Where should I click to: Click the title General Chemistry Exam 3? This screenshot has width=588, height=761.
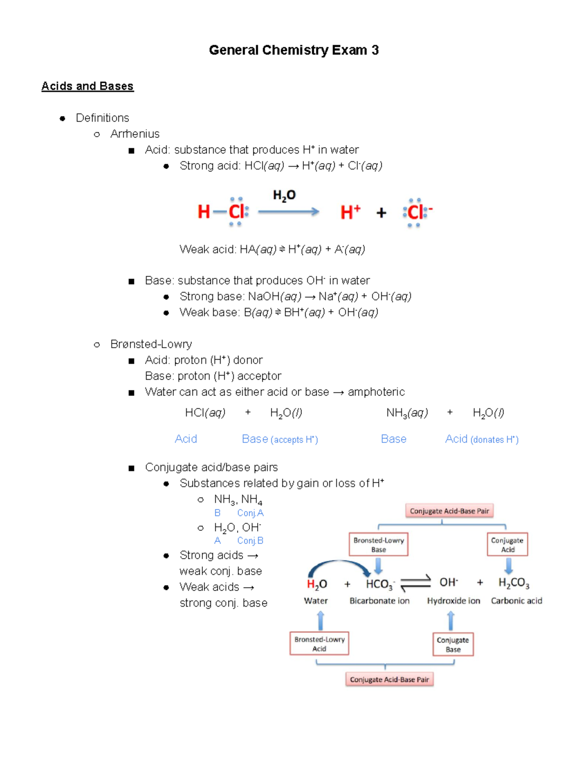coord(294,50)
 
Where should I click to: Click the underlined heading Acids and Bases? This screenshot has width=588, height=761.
coord(87,86)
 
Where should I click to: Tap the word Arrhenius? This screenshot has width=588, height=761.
coord(135,134)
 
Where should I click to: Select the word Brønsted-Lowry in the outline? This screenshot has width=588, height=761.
coord(151,344)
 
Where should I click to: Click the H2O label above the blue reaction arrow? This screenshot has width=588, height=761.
coord(284,196)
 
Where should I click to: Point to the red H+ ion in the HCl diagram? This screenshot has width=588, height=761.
coord(350,212)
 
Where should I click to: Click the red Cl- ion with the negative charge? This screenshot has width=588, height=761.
coord(417,212)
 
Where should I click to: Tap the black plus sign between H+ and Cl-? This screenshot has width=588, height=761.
coord(381,213)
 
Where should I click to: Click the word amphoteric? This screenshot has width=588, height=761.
coord(376,392)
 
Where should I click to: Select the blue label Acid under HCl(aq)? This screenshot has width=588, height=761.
coord(186,439)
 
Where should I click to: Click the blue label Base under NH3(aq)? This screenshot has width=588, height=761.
coord(393,439)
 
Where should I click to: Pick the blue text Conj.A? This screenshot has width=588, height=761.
coord(250,513)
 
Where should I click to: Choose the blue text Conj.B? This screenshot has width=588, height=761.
coord(250,541)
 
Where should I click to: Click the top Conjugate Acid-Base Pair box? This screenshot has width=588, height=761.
coord(449,511)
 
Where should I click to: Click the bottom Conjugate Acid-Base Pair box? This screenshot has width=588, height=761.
coord(389,680)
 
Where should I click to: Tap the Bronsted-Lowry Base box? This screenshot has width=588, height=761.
coord(378,544)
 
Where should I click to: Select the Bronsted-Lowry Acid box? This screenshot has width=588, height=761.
coord(319,644)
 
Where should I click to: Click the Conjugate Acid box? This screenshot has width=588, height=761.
coord(507,544)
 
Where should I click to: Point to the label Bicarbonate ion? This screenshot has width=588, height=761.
coord(379,601)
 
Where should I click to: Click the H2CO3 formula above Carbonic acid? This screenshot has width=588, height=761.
coord(514,583)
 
